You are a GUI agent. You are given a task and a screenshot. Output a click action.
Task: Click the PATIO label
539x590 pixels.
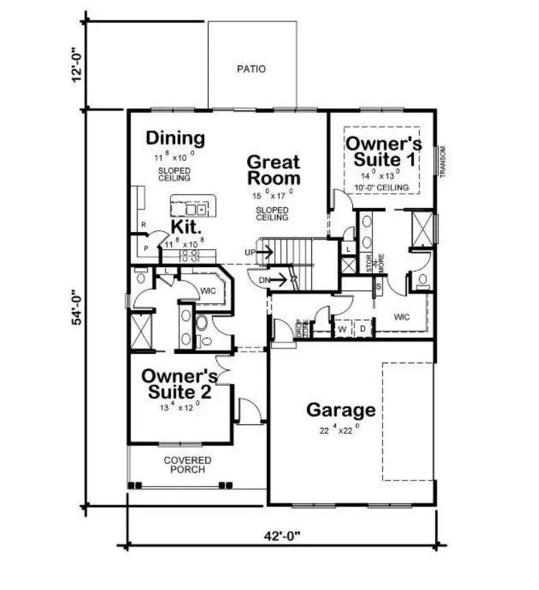click(251, 69)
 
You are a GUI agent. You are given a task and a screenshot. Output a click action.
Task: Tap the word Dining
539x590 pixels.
click(175, 139)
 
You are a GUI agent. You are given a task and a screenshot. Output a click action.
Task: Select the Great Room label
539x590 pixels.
click(273, 170)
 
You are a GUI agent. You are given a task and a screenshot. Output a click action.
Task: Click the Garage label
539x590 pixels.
click(340, 410)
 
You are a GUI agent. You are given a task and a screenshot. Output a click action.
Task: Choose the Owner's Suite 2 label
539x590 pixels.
click(179, 385)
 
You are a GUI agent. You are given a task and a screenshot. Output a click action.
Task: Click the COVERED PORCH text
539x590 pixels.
click(187, 465)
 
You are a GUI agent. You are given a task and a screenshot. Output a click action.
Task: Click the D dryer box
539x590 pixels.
click(363, 329)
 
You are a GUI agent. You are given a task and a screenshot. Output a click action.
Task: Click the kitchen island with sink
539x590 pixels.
click(193, 207)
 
